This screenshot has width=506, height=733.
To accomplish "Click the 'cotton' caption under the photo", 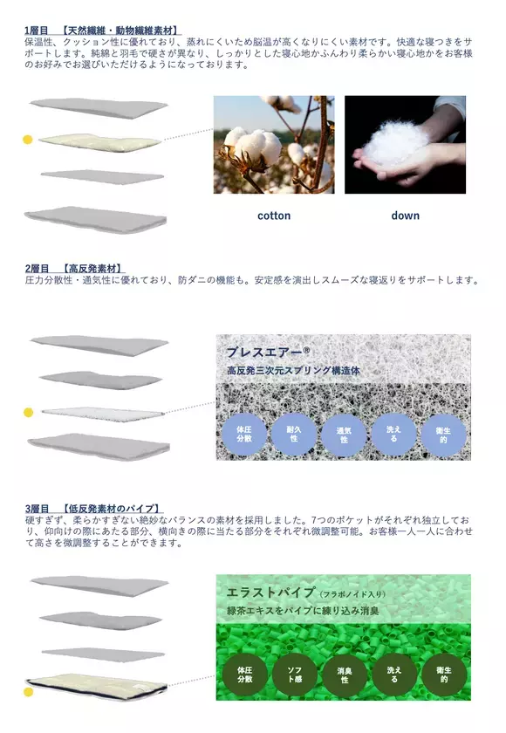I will [x=274, y=216].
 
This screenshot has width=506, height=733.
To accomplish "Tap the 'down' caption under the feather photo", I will [x=405, y=216].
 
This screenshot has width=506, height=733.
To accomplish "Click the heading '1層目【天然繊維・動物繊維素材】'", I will [x=104, y=31].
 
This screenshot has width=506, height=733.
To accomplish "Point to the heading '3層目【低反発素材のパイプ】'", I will [x=97, y=508].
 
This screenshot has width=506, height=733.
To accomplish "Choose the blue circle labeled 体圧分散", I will [x=244, y=434].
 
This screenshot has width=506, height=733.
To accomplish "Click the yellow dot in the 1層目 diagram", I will [x=27, y=140].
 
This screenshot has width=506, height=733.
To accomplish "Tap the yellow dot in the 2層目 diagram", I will [x=28, y=412].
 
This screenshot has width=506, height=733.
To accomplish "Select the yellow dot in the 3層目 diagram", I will [x=28, y=692].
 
